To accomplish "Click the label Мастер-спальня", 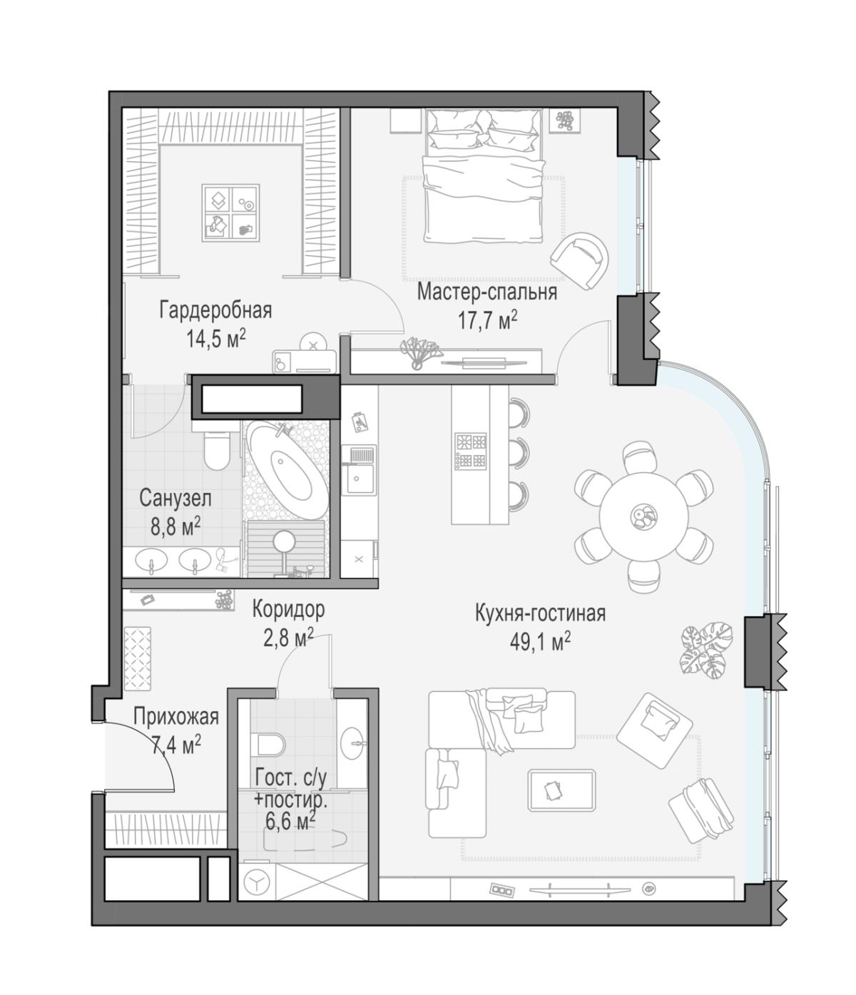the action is (x=486, y=292).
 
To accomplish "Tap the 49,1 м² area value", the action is (x=541, y=642).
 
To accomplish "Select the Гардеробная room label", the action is (x=215, y=310).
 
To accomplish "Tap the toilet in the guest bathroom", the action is (x=271, y=744).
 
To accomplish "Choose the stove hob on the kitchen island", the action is (x=471, y=451).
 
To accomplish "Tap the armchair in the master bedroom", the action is (x=579, y=260).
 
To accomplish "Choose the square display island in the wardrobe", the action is (x=231, y=213).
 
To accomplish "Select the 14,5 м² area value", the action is (x=216, y=339).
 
